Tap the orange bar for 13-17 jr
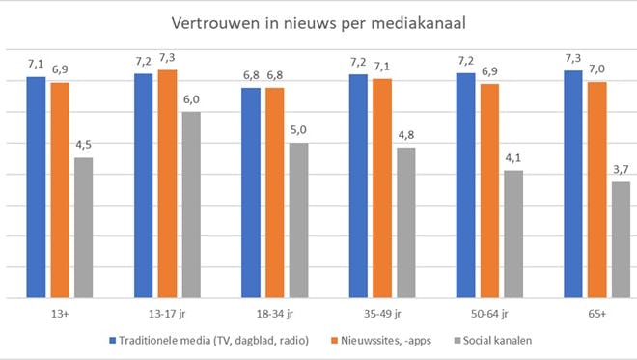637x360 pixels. [168, 183]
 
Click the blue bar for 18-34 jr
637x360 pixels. [251, 192]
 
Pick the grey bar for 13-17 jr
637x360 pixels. [191, 205]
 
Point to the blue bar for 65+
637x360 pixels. [573, 183]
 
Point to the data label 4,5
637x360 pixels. [84, 145]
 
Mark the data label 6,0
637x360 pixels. [191, 99]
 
